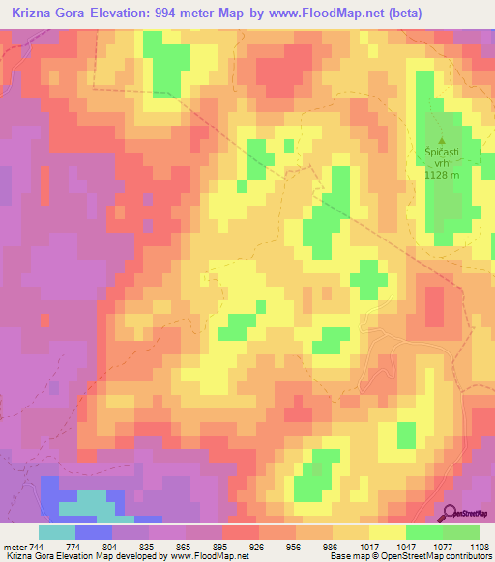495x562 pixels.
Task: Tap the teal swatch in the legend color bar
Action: (x=57, y=532)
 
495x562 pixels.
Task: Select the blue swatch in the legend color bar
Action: (x=94, y=532)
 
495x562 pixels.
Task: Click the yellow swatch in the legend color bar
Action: (x=388, y=532)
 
